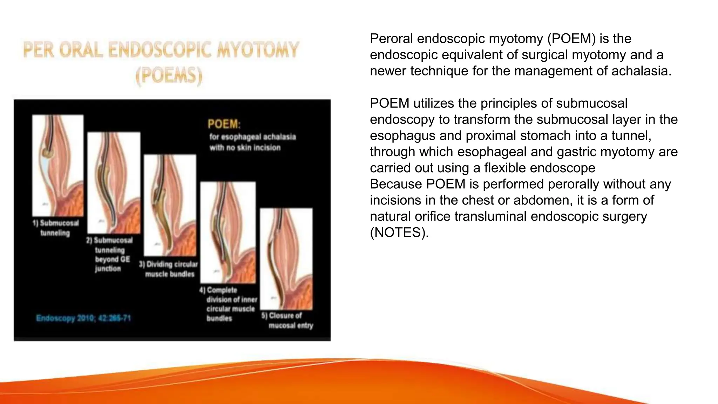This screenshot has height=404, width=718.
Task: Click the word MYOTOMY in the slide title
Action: (258, 49)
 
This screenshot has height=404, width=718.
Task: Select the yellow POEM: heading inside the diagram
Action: (224, 124)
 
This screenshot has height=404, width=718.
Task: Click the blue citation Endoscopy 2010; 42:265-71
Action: (83, 318)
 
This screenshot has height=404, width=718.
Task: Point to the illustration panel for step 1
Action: (58, 166)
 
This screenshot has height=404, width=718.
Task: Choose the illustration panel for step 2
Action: (114, 183)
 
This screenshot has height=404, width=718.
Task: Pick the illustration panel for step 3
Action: (170, 205)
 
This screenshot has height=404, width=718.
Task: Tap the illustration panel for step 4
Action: (228, 232)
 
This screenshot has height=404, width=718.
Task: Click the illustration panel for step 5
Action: (286, 259)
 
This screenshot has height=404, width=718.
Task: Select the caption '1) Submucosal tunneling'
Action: (56, 228)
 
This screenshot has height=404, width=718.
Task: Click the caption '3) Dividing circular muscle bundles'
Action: (169, 269)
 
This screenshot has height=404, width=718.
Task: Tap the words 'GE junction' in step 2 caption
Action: (112, 264)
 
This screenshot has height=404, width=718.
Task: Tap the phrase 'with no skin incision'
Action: (245, 148)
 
